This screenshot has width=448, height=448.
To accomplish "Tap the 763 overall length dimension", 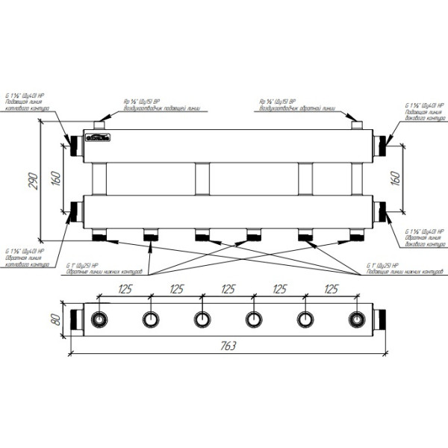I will [x=228, y=346].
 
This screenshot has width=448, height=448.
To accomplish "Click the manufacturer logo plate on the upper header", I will [x=97, y=137].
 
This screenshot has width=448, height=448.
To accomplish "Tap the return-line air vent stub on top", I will [x=357, y=124].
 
